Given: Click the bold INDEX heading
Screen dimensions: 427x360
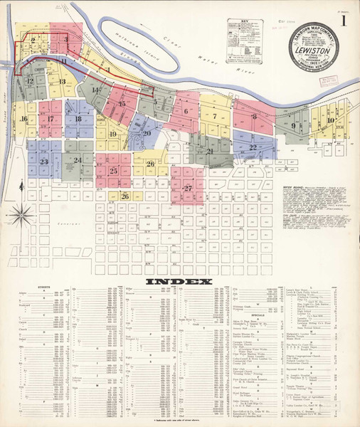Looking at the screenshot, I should [179, 282].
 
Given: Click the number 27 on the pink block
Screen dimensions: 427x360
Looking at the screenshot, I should [188, 189].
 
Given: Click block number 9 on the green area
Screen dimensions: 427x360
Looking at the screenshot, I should [293, 126].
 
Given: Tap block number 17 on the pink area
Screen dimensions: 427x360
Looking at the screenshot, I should [50, 119].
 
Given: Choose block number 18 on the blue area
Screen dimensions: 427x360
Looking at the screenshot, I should [78, 119].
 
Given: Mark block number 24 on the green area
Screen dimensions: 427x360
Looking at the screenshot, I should [77, 161].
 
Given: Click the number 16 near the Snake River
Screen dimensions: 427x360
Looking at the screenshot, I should [23, 119].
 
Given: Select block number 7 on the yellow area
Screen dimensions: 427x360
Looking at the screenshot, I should [213, 115].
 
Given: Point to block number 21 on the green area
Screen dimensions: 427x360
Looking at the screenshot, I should [210, 151].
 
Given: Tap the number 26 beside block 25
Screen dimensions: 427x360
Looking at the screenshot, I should [150, 164].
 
